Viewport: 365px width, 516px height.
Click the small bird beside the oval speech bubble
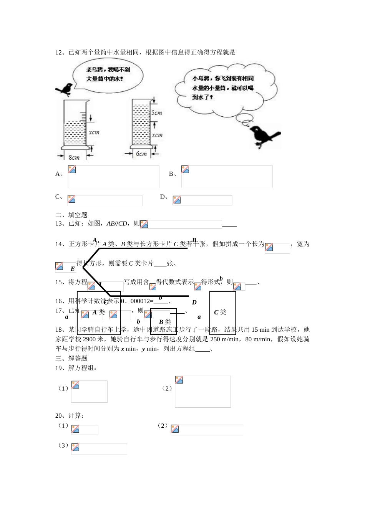click(x=65, y=89)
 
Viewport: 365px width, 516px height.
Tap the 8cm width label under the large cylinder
click(x=74, y=157)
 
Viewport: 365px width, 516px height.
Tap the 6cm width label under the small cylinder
click(x=141, y=154)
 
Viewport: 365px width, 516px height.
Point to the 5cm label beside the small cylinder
click(x=156, y=113)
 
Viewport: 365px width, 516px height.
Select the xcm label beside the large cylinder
click(x=94, y=132)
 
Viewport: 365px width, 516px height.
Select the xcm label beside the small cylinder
click(x=157, y=135)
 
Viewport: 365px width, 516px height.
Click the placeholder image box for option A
click(x=113, y=177)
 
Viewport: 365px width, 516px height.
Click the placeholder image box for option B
click(x=227, y=177)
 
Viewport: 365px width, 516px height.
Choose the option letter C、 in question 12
click(x=59, y=197)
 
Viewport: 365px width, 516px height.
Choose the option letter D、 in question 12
click(x=164, y=197)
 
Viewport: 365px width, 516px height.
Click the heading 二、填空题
click(x=71, y=215)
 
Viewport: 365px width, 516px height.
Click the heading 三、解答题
click(x=71, y=358)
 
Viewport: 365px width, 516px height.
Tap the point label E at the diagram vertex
click(x=73, y=269)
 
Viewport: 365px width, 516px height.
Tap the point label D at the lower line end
click(x=194, y=302)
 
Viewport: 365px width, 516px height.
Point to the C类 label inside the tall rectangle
click(x=220, y=312)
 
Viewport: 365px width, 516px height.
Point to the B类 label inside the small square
click(x=165, y=322)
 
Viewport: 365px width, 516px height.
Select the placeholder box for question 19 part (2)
click(x=203, y=392)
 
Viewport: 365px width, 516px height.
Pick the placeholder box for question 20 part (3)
click(x=99, y=449)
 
